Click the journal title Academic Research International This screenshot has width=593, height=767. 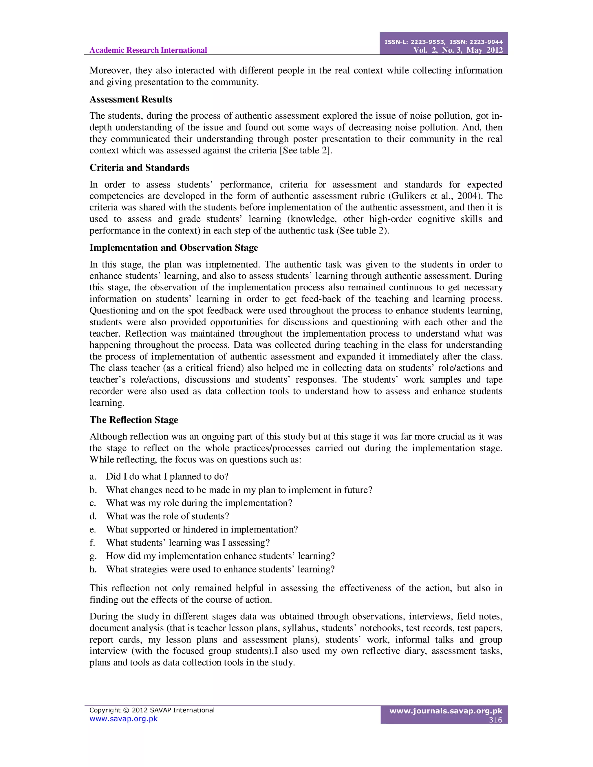148,50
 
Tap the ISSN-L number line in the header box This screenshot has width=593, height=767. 443,42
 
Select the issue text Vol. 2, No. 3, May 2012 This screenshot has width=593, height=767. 458,50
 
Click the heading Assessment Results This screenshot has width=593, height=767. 131,99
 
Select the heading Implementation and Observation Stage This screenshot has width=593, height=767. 173,247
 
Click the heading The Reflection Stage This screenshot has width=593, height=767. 133,420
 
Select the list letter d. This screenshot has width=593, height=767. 93,516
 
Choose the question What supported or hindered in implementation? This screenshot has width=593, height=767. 202,529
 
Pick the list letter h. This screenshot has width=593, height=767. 93,569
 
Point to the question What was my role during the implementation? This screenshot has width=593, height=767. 199,503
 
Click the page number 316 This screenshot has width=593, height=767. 495,720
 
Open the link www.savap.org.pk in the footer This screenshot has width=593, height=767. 123,719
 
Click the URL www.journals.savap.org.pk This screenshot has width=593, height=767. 446,711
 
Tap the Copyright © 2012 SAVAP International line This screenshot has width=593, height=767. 152,710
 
